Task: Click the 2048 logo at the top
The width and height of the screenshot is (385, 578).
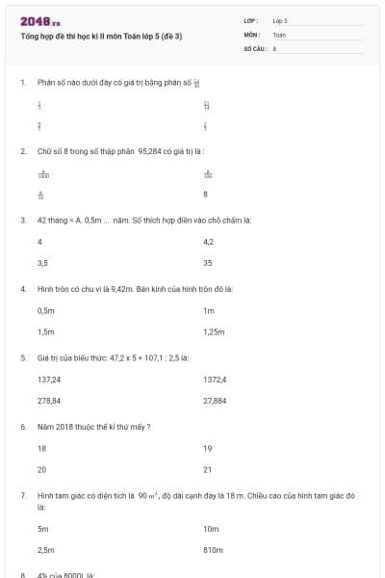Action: [39, 21]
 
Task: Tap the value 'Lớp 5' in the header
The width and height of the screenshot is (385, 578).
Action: [280, 20]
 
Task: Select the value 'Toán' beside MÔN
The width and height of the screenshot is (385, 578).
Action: [279, 34]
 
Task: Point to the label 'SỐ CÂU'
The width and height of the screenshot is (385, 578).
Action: [254, 47]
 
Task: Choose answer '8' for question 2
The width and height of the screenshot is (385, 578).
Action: [205, 194]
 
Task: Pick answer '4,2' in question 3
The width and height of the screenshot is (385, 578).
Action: [209, 241]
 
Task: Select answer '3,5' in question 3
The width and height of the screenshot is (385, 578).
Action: [42, 262]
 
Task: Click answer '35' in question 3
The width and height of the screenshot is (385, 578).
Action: [208, 262]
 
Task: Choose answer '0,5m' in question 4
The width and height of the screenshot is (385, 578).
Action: [45, 310]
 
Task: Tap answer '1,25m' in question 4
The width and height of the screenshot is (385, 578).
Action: [214, 331]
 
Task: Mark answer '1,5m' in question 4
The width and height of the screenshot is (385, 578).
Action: [45, 331]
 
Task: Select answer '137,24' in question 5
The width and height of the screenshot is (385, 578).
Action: [49, 380]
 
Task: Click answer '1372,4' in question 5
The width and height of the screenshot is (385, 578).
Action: [215, 380]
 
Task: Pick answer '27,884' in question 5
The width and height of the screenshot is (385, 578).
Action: [215, 400]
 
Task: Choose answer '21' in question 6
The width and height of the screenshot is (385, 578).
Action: [207, 469]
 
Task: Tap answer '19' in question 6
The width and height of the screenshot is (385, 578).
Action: [207, 448]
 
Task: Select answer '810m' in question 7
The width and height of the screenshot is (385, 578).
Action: [213, 549]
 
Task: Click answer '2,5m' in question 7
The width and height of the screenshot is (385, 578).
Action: [45, 549]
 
